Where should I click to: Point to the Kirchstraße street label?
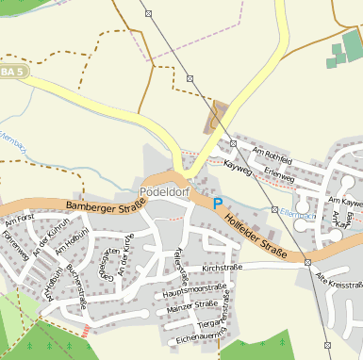tap(223, 268)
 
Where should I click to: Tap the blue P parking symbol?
tap(218, 203)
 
